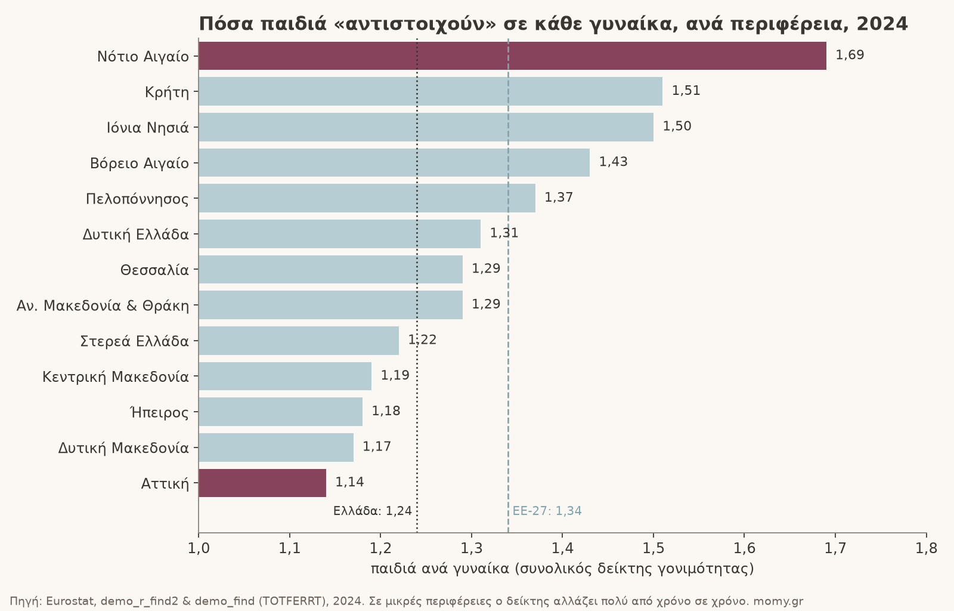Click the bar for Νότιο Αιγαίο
[x=512, y=56]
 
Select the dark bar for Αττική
[x=262, y=483]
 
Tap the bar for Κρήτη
[x=430, y=91]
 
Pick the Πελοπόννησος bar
[x=367, y=198]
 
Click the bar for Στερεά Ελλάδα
[x=299, y=341]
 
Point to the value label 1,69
[x=850, y=55]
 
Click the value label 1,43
[x=614, y=162]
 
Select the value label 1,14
[x=349, y=482]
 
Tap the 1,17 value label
[x=377, y=446]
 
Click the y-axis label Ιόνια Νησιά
[x=148, y=128]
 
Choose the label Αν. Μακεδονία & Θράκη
[x=103, y=305]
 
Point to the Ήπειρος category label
[x=160, y=412]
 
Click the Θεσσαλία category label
[x=154, y=270]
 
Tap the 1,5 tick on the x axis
[x=653, y=548]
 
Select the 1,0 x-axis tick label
[x=199, y=548]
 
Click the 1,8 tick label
[x=927, y=548]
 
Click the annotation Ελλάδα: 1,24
[x=373, y=511]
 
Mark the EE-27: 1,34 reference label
[x=547, y=511]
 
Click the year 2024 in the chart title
[x=882, y=24]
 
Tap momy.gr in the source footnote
[x=778, y=601]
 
